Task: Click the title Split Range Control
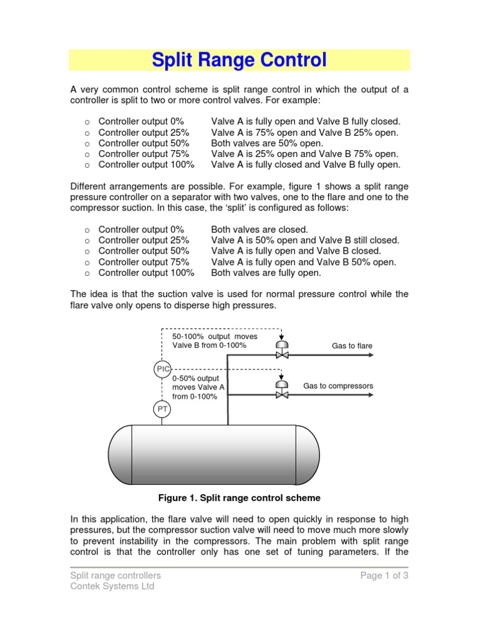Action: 239,60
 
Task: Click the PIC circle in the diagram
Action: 162,369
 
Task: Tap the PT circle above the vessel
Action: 162,409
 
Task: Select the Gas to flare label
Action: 352,345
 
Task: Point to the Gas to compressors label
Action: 338,386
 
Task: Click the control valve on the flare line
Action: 282,353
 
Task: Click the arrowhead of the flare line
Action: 370,355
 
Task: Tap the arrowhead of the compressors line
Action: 370,395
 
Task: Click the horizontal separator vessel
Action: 214,450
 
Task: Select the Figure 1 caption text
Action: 239,498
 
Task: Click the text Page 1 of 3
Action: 384,576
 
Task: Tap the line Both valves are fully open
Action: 266,273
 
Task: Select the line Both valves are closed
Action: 259,229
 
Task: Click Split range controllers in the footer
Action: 115,576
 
